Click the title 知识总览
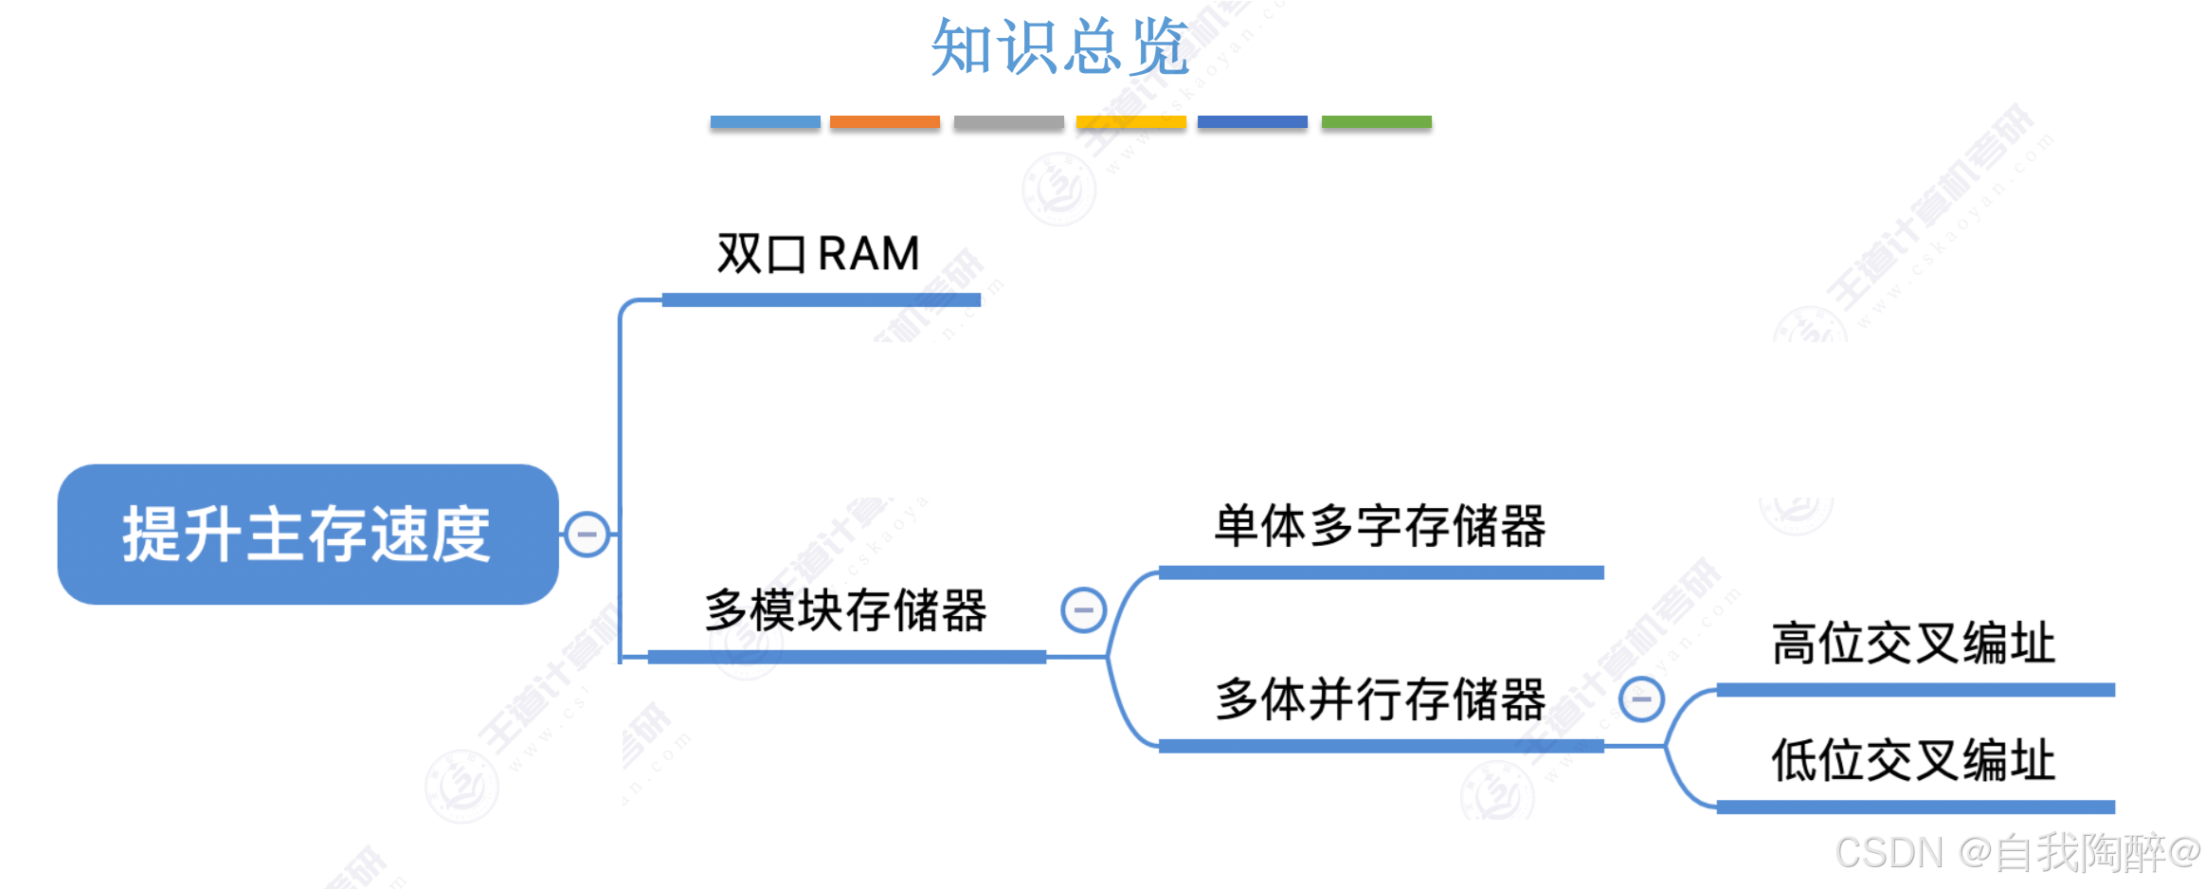coord(1059,47)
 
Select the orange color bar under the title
coord(884,122)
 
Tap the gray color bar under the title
coord(1008,122)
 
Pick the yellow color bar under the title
coord(1130,122)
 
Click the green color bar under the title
coord(1376,122)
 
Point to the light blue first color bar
coord(765,122)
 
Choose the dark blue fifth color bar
coord(1252,122)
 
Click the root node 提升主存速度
coord(307,534)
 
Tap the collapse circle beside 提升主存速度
coord(587,535)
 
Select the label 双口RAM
coord(818,254)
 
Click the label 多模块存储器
coord(845,609)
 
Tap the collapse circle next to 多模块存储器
coord(1083,609)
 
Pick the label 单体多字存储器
coord(1380,526)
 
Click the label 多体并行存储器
coord(1380,699)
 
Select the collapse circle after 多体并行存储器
coord(1641,699)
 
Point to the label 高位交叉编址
coord(1913,644)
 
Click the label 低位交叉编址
coord(1913,760)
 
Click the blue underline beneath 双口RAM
coord(821,300)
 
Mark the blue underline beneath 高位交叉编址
coord(1915,690)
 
